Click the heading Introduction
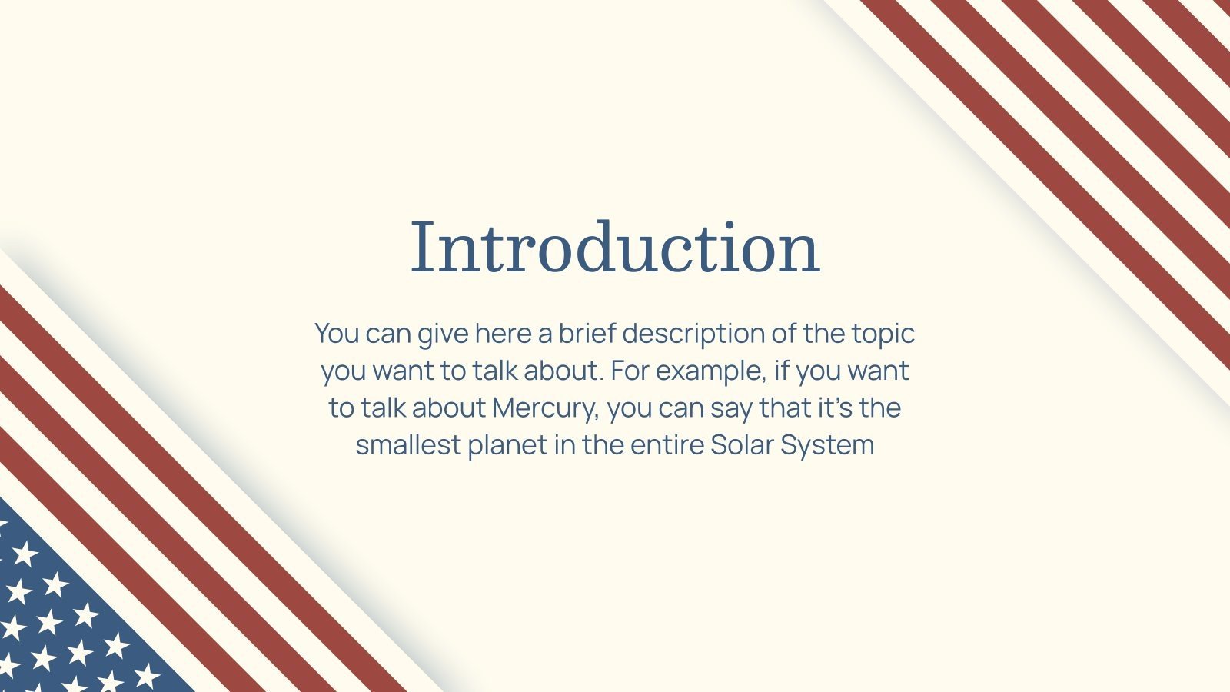pyautogui.click(x=615, y=247)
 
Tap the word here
pyautogui.click(x=503, y=333)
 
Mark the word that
pyautogui.click(x=785, y=407)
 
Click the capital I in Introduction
pyautogui.click(x=420, y=247)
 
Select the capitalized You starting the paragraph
pyautogui.click(x=337, y=333)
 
